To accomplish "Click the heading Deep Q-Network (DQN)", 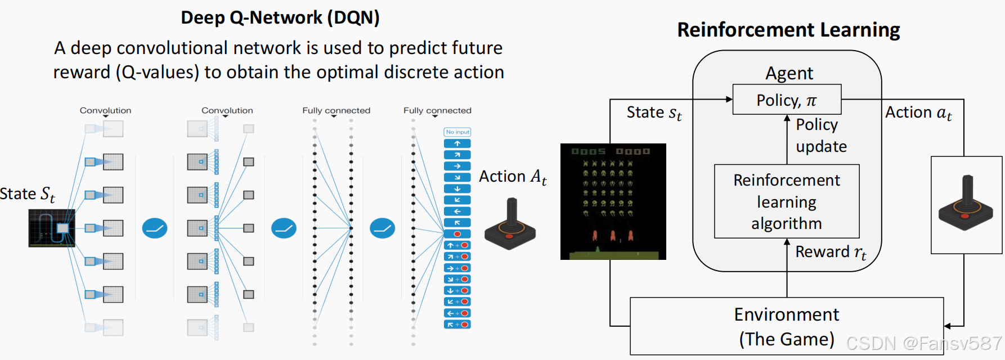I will pyautogui.click(x=280, y=18).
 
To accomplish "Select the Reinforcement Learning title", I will pyautogui.click(x=788, y=30).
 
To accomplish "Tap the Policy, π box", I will pyautogui.click(x=786, y=100).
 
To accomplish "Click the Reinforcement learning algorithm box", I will pyautogui.click(x=786, y=201).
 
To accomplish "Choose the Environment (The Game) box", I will pyautogui.click(x=786, y=326).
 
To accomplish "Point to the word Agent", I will pyautogui.click(x=789, y=73).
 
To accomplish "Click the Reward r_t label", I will pyautogui.click(x=831, y=252).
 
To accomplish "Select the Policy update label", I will pyautogui.click(x=821, y=136).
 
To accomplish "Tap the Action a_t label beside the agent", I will pyautogui.click(x=918, y=113).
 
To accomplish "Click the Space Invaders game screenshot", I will pyautogui.click(x=613, y=201).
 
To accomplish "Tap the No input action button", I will pyautogui.click(x=457, y=132).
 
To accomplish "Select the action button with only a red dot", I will pyautogui.click(x=457, y=234).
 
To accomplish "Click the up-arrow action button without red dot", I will pyautogui.click(x=457, y=143).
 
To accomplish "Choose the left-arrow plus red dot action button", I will pyautogui.click(x=457, y=313).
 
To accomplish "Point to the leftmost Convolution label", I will pyautogui.click(x=105, y=111).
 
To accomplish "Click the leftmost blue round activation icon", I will pyautogui.click(x=155, y=228).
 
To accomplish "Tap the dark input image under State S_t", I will pyautogui.click(x=52, y=228).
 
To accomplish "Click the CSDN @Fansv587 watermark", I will pyautogui.click(x=923, y=343).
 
